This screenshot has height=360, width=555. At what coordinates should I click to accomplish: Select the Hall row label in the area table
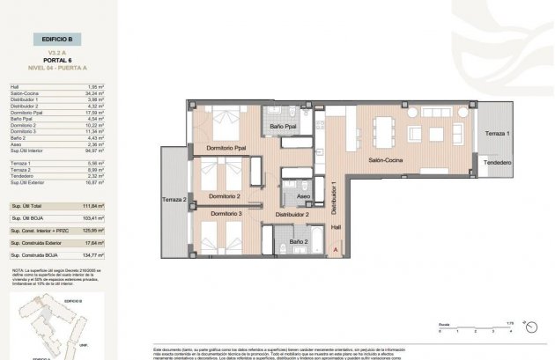coord(15,87)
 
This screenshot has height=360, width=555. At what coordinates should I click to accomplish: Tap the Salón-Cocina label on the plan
coord(386,160)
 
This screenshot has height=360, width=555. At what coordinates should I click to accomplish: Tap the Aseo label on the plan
coord(302,198)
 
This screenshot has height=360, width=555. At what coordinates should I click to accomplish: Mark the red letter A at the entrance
coord(336,249)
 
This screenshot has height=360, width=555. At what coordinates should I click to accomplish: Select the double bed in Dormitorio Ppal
coord(226,117)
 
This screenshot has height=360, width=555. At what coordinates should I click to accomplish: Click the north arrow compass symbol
coord(526,323)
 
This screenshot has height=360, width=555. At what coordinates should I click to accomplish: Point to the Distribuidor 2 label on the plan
coord(290,214)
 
